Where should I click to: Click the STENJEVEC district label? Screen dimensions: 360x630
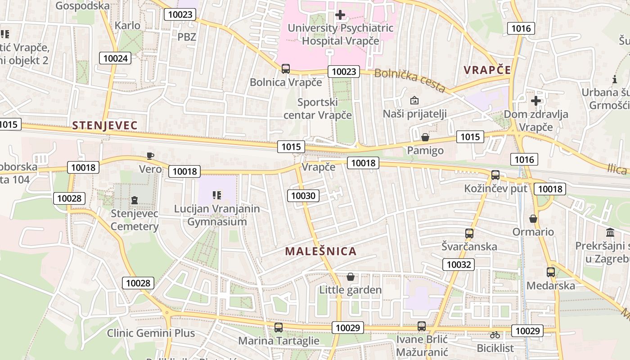(104, 125)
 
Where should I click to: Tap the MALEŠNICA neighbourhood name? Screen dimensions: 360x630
(320, 251)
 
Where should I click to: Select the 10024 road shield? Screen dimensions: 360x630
(115, 58)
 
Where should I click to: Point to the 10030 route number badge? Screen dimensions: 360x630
(304, 195)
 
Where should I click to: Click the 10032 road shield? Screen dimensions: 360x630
(459, 264)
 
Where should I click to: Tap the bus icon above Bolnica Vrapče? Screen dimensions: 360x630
(286, 69)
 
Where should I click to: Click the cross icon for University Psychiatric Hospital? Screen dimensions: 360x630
(340, 15)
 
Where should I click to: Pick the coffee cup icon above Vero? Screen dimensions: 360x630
(150, 156)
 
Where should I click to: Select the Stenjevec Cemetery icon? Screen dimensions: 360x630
(134, 200)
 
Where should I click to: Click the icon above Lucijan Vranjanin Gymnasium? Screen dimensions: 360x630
(217, 195)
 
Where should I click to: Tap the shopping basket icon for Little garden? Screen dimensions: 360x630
(350, 277)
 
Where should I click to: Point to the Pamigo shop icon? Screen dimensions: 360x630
(425, 137)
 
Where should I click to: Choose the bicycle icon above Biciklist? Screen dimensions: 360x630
(495, 335)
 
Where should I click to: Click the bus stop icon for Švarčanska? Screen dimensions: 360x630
(469, 233)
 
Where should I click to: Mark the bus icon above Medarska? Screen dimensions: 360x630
(550, 272)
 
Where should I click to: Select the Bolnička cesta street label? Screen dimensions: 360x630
(409, 80)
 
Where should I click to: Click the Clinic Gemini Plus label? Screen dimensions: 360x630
(151, 333)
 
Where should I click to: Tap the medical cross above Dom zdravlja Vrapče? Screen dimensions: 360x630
(535, 100)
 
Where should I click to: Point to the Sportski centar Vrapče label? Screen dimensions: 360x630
(318, 108)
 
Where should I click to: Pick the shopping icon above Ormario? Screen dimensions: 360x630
(533, 219)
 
